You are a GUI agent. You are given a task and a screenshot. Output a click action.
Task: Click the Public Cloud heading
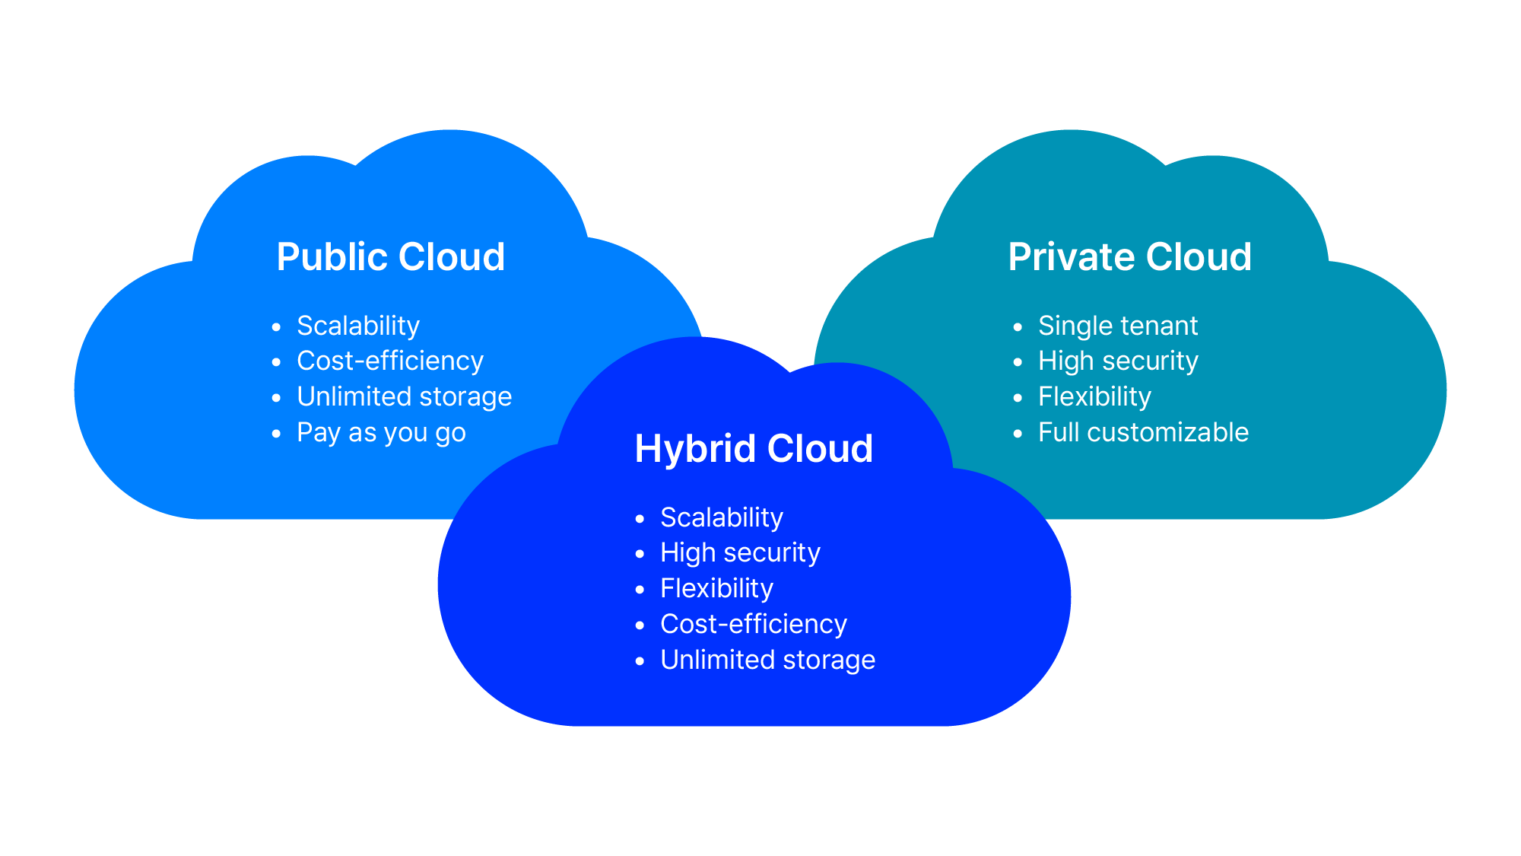point(390,257)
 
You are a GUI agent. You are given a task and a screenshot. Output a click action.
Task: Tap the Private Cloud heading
point(1129,257)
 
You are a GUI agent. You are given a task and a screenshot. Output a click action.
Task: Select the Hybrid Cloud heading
point(754,449)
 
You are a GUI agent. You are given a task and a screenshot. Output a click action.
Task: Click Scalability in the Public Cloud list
point(358,326)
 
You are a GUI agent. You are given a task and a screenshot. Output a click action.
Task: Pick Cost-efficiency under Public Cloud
point(390,361)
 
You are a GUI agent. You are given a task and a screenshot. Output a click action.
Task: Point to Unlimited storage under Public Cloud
point(404,396)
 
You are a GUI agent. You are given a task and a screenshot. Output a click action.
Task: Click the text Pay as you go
point(381,432)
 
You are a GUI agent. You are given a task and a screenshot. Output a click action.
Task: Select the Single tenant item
point(1118,326)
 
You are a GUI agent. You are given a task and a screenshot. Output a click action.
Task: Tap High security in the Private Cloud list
point(1118,361)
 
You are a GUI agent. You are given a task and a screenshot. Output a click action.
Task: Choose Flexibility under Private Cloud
point(1094,396)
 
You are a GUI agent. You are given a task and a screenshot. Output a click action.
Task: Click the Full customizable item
point(1143,432)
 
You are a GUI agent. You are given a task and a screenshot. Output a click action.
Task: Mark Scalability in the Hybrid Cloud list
point(722,517)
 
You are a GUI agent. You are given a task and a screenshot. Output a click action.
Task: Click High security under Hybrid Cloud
point(740,552)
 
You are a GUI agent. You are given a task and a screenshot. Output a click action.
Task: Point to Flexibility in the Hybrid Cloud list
point(716,588)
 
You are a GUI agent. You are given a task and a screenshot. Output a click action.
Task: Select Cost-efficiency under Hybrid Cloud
point(754,624)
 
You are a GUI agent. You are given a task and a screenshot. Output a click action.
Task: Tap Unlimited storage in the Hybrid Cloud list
point(767,660)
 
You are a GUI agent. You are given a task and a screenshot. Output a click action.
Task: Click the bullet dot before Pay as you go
point(276,434)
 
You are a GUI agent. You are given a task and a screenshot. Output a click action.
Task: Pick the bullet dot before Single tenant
point(1018,327)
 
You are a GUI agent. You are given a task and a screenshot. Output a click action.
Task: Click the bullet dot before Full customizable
point(1018,434)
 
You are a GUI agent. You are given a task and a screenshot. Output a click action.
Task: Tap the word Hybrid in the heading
point(695,449)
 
